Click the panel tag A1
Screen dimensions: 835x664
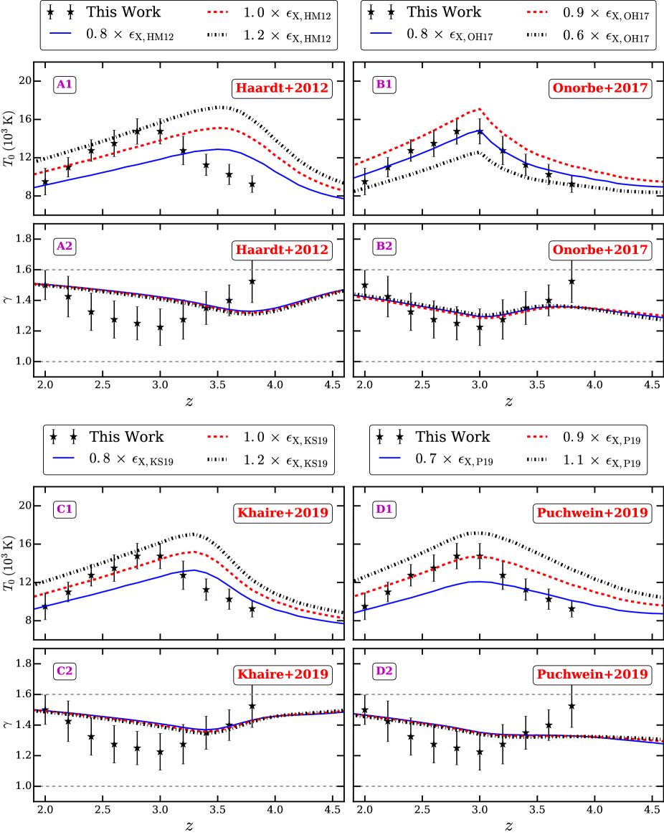pos(64,85)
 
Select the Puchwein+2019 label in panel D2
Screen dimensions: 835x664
pos(591,675)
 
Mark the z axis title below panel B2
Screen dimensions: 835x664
pos(508,402)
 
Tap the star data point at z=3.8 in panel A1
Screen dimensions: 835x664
pos(252,184)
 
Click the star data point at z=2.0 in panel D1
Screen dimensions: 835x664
pos(365,607)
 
